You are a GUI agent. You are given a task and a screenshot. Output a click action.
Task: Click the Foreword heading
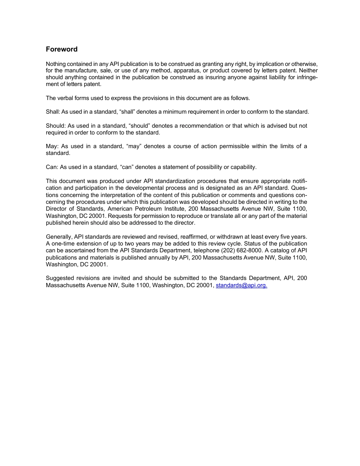(61, 49)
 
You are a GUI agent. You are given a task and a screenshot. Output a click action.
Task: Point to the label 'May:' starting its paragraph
(52, 146)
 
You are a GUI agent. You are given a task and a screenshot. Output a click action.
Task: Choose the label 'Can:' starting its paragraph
(52, 167)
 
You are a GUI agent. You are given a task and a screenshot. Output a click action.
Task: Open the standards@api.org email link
(241, 285)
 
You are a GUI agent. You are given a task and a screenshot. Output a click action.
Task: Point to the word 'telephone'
(206, 251)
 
